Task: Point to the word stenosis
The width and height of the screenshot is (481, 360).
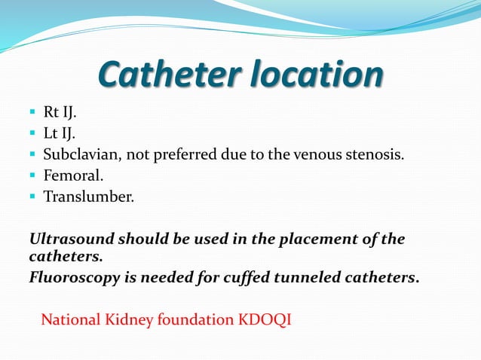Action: click(375, 156)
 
